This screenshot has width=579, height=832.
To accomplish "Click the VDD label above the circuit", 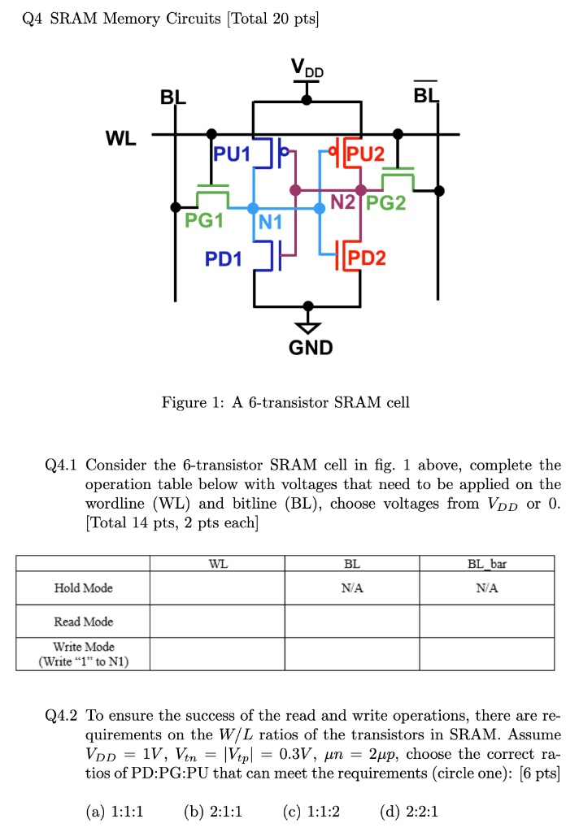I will click(x=307, y=70).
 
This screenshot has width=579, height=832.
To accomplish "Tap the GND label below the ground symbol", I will click(x=310, y=349).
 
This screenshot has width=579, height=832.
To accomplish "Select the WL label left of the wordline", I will click(x=120, y=139).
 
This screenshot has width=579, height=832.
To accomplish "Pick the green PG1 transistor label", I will click(x=203, y=221).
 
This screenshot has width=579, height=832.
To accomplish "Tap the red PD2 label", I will click(x=368, y=259).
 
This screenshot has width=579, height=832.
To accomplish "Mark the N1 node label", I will click(x=268, y=223).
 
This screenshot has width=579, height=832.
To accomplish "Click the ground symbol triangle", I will click(x=307, y=327).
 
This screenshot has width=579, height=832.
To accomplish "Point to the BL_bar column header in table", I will click(x=486, y=563).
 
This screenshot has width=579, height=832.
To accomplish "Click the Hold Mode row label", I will click(x=84, y=588).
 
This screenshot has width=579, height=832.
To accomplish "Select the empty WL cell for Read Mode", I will click(x=216, y=622).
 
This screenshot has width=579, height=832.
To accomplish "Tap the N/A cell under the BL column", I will click(x=351, y=588).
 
